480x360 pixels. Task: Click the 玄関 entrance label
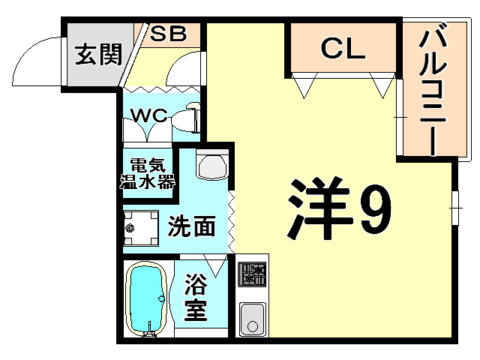98,55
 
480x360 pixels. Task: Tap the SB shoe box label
168,33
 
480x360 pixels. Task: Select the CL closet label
343,49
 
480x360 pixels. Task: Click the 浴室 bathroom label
196,298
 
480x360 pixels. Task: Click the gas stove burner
252,275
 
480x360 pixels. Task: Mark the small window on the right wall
454,204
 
